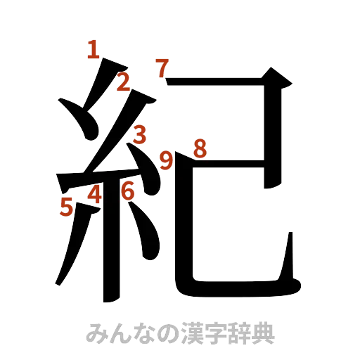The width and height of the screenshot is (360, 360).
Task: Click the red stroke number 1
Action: (x=93, y=50)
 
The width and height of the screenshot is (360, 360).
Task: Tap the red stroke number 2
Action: (x=122, y=83)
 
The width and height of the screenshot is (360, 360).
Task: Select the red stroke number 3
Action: (x=140, y=133)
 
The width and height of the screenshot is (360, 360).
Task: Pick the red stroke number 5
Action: (x=67, y=207)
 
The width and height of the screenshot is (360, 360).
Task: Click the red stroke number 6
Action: (x=127, y=191)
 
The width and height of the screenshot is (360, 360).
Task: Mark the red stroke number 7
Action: (x=162, y=68)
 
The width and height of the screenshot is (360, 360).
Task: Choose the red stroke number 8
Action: (x=200, y=148)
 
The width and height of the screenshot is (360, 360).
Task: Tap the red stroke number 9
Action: (x=166, y=161)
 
